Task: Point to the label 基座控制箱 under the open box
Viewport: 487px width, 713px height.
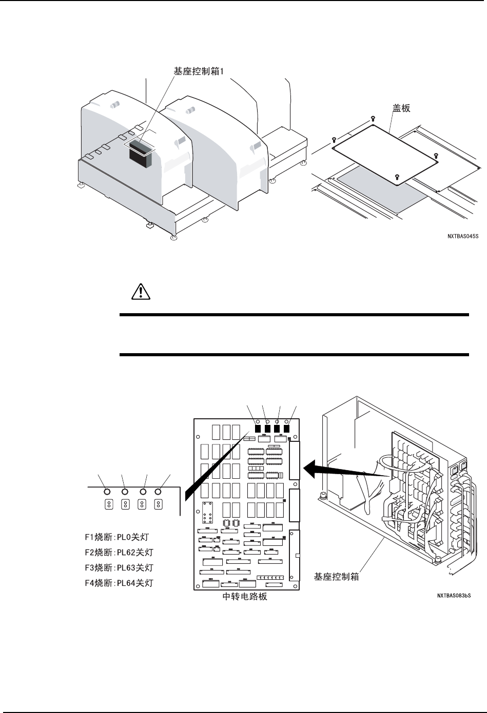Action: click(x=336, y=576)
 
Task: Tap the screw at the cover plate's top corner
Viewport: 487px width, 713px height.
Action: click(x=373, y=119)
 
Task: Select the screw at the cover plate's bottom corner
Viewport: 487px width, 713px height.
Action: click(x=397, y=177)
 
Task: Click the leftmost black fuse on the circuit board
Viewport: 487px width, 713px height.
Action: click(x=258, y=429)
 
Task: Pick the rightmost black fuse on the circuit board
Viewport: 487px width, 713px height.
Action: click(x=287, y=429)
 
